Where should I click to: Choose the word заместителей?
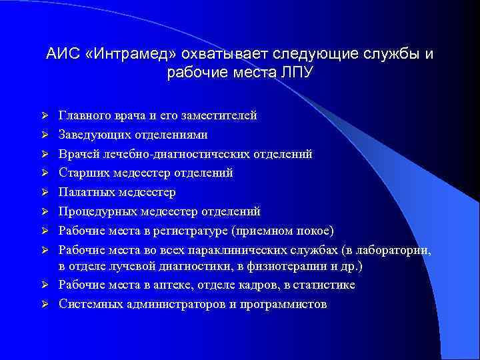click(x=223, y=115)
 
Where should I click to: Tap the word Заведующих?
click(x=91, y=135)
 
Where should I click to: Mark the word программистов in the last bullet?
click(x=289, y=305)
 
